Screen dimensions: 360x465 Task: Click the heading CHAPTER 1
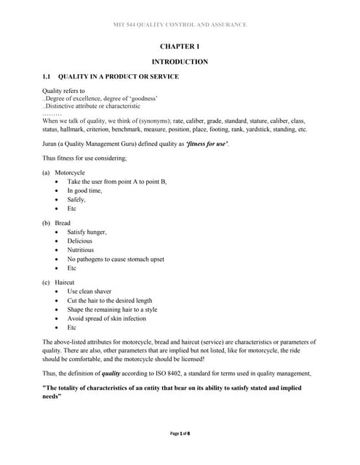click(180, 46)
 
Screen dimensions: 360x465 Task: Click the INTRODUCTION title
click(180, 62)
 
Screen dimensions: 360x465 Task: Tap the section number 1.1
click(48, 77)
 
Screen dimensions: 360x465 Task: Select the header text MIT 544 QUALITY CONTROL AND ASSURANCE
click(180, 25)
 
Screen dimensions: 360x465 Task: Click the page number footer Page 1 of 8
click(180, 433)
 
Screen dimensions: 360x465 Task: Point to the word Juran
click(51, 144)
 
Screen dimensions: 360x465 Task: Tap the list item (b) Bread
click(57, 222)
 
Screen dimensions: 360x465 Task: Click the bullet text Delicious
click(80, 240)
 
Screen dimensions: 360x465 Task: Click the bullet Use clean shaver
click(89, 291)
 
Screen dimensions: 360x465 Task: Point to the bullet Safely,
click(76, 199)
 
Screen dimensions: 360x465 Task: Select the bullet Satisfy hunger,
click(87, 232)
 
